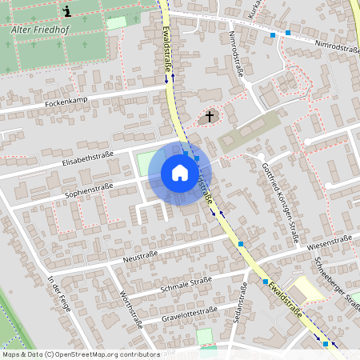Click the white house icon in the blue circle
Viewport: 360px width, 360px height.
point(179,173)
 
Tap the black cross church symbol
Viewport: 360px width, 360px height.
point(210,118)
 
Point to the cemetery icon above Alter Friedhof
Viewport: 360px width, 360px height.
point(67,11)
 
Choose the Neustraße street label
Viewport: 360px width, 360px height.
point(141,255)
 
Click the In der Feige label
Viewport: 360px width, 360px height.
point(58,294)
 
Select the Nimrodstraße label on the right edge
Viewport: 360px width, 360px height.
point(337,48)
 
